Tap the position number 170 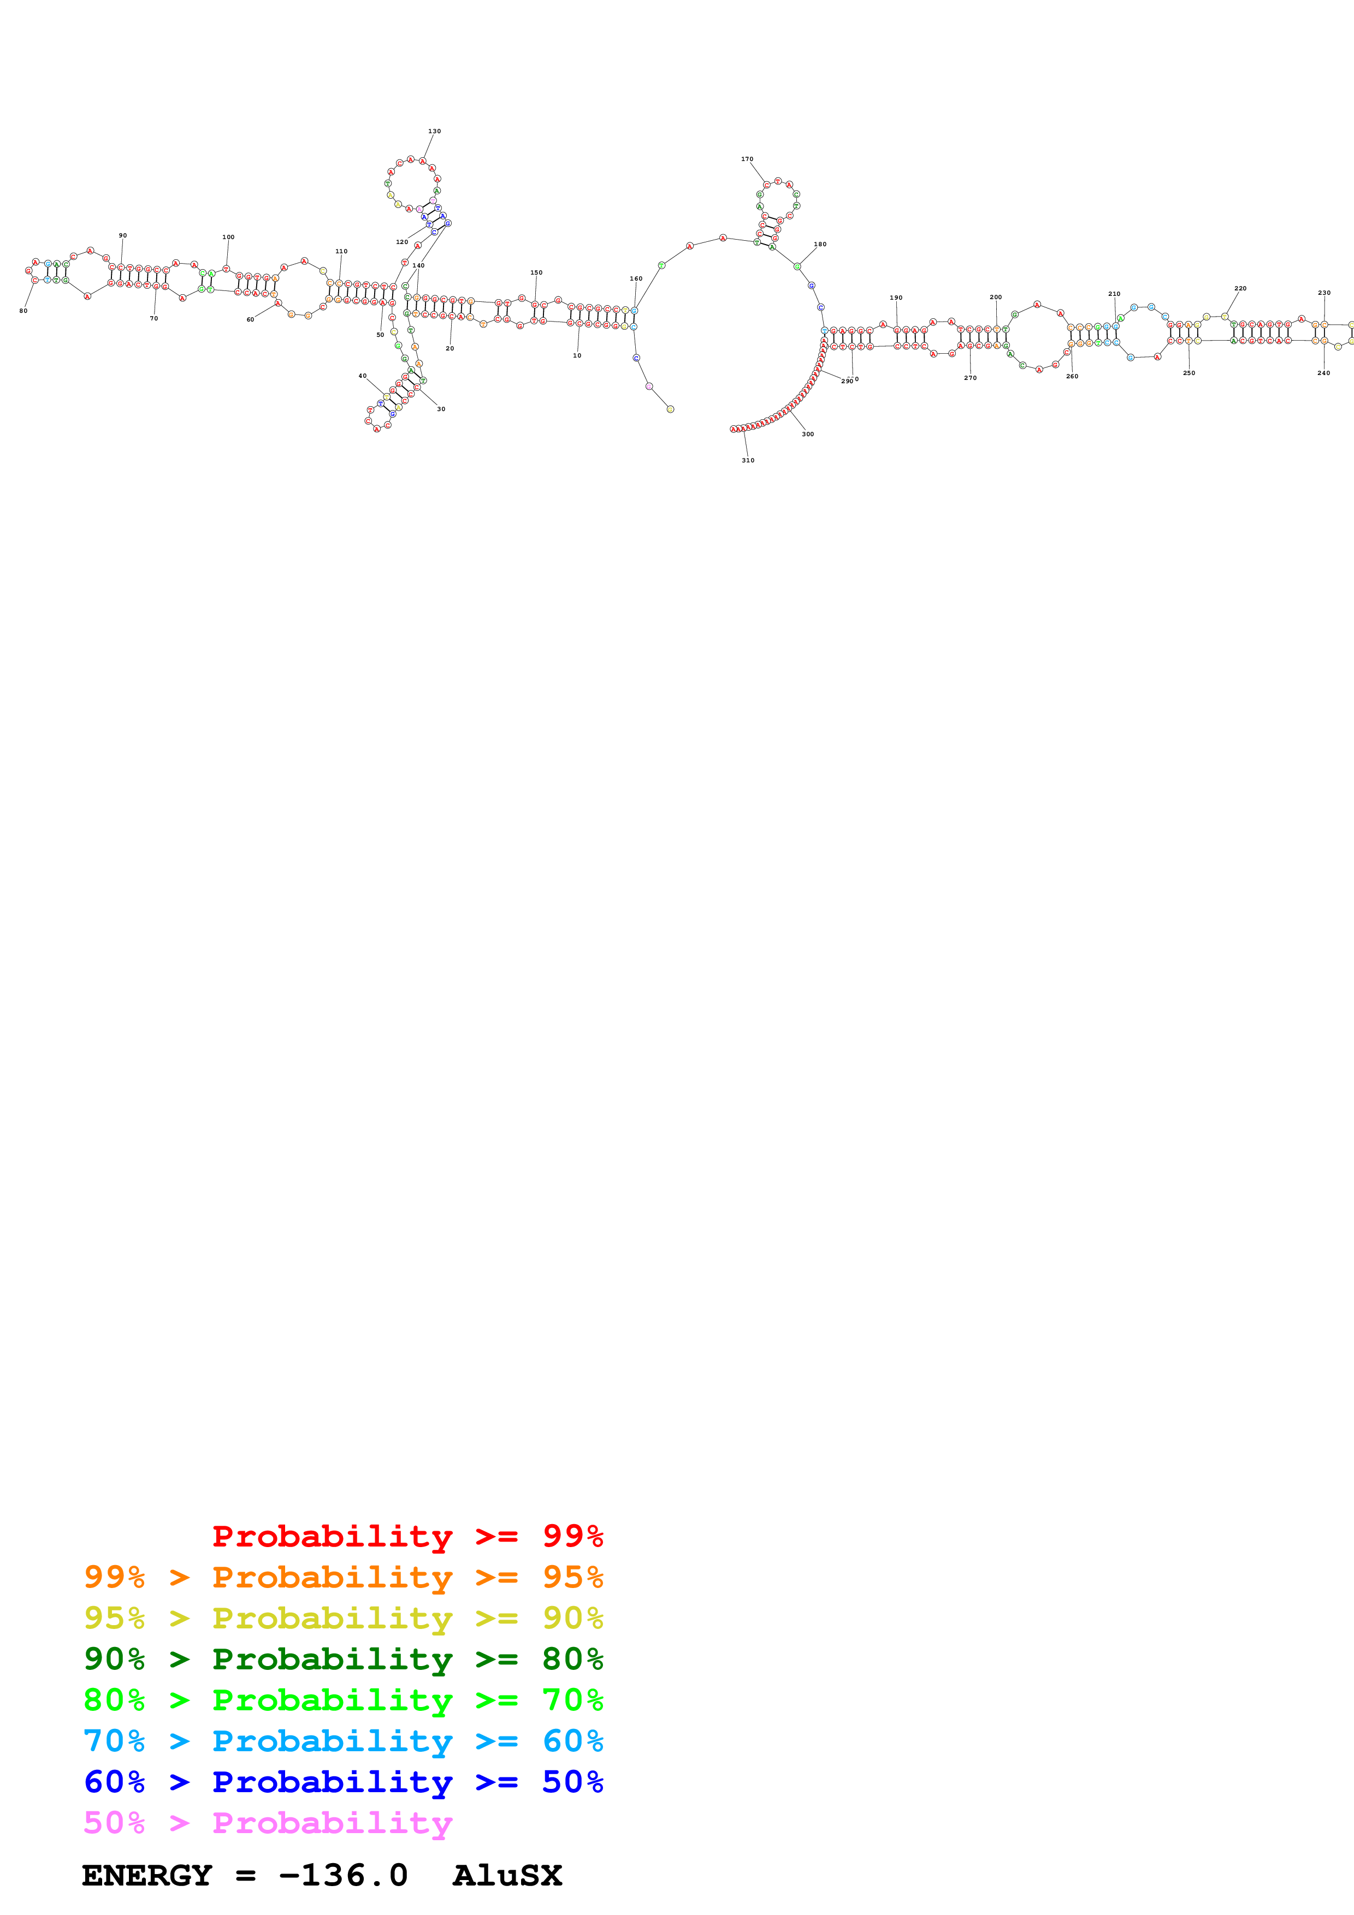[x=747, y=158]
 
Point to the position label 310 [x=748, y=460]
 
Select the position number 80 [x=23, y=311]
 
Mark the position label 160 [x=636, y=278]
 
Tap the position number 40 [x=362, y=376]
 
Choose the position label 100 [x=228, y=237]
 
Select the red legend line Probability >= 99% [x=407, y=1536]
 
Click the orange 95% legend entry [x=343, y=1577]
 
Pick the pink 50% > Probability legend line [x=268, y=1822]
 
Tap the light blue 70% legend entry [x=343, y=1741]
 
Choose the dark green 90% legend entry [x=343, y=1659]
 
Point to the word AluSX [x=507, y=1876]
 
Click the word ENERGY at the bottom [x=147, y=1876]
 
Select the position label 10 [x=576, y=355]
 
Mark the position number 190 [x=896, y=298]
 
